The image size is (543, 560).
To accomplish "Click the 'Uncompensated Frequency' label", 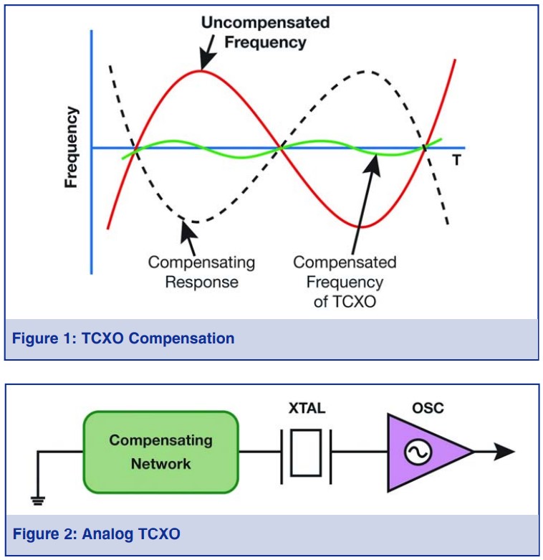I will (265, 32).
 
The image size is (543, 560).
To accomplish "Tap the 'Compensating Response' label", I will (201, 272).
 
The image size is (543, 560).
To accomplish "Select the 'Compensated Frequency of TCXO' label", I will (345, 281).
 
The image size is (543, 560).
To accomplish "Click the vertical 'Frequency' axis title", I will (71, 148).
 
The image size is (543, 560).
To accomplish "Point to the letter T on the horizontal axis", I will (456, 160).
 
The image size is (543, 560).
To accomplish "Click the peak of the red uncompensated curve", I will (203, 70).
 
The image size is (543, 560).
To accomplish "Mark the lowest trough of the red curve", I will (362, 227).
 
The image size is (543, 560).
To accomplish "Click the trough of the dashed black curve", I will (193, 222).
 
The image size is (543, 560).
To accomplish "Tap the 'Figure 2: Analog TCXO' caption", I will (97, 533).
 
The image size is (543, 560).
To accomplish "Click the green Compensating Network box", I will (160, 452).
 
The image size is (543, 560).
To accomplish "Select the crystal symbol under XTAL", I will (307, 452).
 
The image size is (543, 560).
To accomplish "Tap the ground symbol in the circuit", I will (37, 499).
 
